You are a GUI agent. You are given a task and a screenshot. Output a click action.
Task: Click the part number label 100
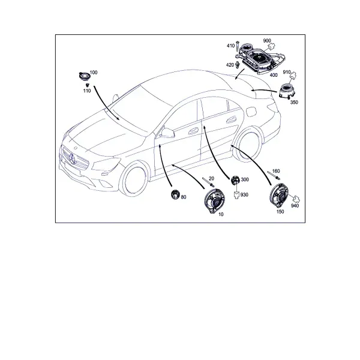94,73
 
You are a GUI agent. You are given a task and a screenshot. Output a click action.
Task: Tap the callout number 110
87,91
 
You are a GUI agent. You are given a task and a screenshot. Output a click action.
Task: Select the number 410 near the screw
230,46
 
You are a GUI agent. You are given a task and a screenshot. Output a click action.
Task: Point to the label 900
267,41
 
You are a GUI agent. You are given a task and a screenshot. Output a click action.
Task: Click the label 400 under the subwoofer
274,75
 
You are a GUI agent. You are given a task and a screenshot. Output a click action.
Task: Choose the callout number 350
294,102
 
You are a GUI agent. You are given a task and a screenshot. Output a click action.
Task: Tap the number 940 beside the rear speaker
295,206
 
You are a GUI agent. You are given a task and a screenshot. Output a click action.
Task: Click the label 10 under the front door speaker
221,214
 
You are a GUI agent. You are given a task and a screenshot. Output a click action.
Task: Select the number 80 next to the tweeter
184,197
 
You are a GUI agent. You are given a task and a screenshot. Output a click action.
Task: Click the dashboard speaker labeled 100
84,76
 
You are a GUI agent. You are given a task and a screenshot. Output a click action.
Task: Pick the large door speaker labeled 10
214,201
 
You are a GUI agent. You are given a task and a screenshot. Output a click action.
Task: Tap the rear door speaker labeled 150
279,196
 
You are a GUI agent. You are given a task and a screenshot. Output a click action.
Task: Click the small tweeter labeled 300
235,180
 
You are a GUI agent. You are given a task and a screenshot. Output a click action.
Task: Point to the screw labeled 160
274,176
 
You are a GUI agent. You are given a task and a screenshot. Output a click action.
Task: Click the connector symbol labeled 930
236,195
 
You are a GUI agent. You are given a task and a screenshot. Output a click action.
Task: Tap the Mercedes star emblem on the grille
73,158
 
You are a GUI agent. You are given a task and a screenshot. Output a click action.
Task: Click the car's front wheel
133,179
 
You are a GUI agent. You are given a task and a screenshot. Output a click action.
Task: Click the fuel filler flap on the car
251,112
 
